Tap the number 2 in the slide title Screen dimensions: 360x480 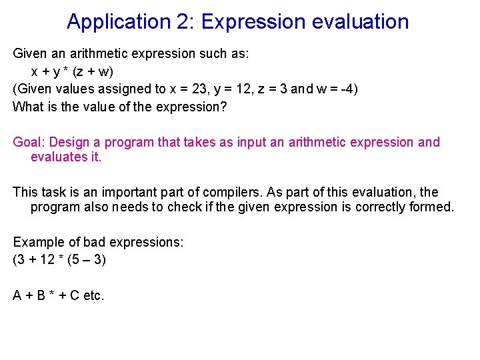(x=182, y=22)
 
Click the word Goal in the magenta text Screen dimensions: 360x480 (x=29, y=142)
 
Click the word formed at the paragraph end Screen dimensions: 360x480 (x=436, y=207)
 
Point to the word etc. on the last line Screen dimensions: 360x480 (x=93, y=295)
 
